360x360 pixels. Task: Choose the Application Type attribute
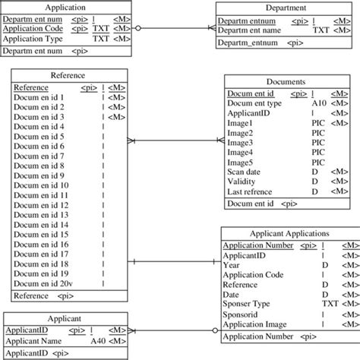[33, 37]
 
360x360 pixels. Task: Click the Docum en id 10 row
[41, 185]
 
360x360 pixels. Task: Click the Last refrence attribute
[251, 192]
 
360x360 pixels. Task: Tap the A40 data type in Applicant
[98, 341]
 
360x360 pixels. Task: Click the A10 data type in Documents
[319, 103]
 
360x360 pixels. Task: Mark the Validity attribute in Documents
[242, 182]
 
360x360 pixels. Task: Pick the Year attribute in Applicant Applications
[232, 265]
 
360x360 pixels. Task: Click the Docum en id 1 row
[39, 97]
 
